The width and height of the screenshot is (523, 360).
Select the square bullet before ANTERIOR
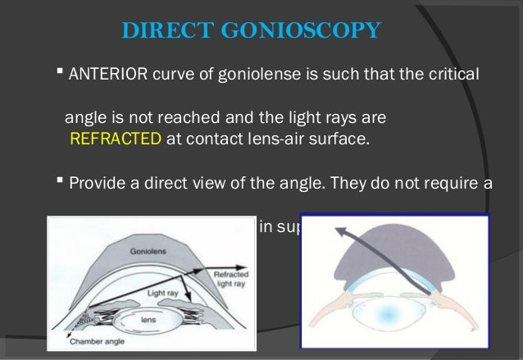(x=61, y=75)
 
